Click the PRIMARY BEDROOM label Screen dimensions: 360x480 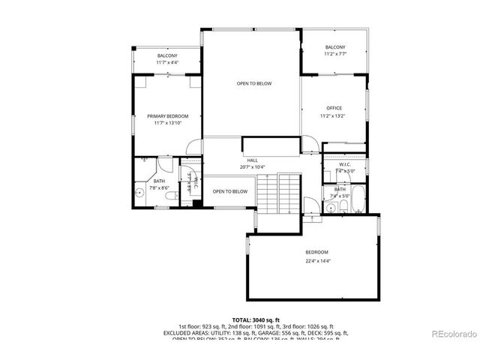[x=167, y=116]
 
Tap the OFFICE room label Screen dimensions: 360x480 [x=334, y=109]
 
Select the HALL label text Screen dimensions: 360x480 [x=253, y=160]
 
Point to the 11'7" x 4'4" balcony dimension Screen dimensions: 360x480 [x=167, y=63]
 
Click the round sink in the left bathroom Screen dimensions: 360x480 [x=139, y=193]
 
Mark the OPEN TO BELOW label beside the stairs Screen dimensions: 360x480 [x=229, y=191]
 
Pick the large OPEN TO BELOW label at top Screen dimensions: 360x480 [x=254, y=83]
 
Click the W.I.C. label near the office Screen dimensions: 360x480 [x=345, y=164]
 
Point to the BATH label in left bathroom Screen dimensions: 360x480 [x=159, y=181]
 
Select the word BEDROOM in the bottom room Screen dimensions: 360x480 [x=316, y=252]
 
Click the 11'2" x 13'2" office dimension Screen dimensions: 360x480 [x=334, y=116]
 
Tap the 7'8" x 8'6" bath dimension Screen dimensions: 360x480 [x=159, y=187]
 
